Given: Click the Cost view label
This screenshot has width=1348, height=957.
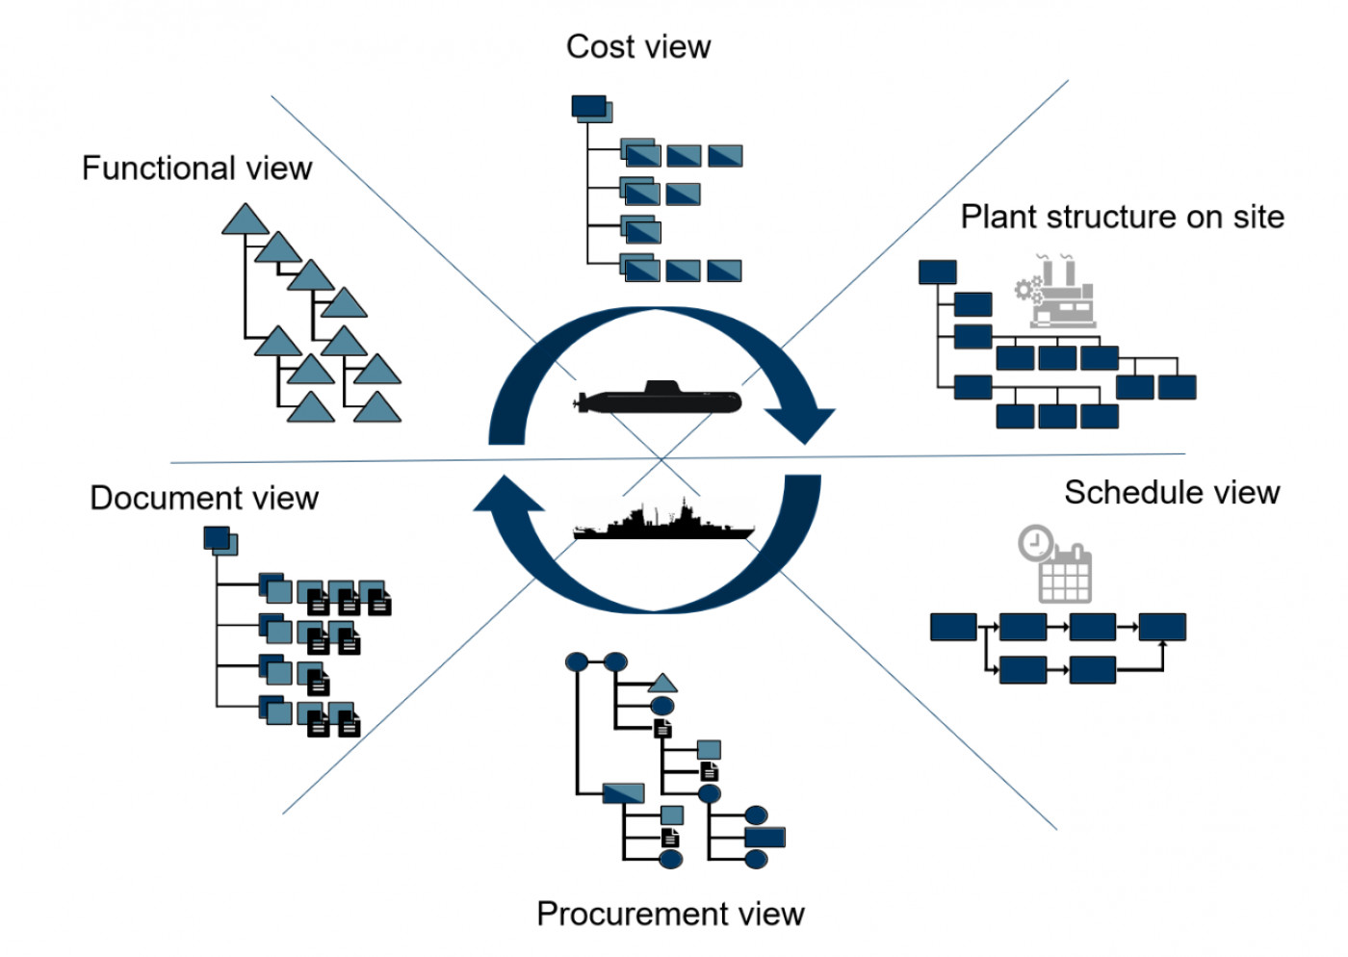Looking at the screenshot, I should [638, 46].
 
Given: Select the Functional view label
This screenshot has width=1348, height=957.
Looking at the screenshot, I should [196, 168].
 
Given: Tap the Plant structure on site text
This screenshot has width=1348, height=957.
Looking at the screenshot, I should [1122, 217].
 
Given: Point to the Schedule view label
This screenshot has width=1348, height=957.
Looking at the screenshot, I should [1172, 493].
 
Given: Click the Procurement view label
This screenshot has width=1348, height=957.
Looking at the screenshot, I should [670, 914].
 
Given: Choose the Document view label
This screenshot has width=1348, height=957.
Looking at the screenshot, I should [204, 498].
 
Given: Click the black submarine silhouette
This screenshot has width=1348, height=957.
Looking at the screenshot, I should [661, 399].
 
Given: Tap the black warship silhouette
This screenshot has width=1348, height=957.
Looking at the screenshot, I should [663, 523].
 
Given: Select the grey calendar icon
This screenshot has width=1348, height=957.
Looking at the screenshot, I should [1066, 575].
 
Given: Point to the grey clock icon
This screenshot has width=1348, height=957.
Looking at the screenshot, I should [1036, 543].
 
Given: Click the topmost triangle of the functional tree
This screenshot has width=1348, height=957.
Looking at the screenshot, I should [246, 220].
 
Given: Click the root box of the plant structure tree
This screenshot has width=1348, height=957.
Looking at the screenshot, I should [937, 272].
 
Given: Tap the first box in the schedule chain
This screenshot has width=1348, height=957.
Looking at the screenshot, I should [953, 627].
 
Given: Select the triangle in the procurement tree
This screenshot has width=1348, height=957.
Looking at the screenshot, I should [662, 684].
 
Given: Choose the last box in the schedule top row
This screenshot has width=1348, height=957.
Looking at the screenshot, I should [1162, 627].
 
